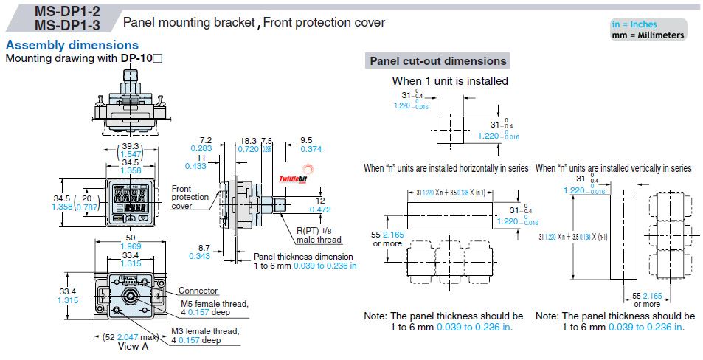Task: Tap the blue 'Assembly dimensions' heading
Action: point(72,46)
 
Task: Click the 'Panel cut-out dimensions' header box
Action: point(437,61)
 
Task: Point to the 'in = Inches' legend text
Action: point(639,24)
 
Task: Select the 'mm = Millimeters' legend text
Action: point(648,35)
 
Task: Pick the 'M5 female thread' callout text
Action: point(214,302)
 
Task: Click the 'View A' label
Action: point(137,345)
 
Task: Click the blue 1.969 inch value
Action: point(130,246)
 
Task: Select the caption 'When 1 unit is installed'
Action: point(449,81)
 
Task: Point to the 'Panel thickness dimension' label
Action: point(302,256)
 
